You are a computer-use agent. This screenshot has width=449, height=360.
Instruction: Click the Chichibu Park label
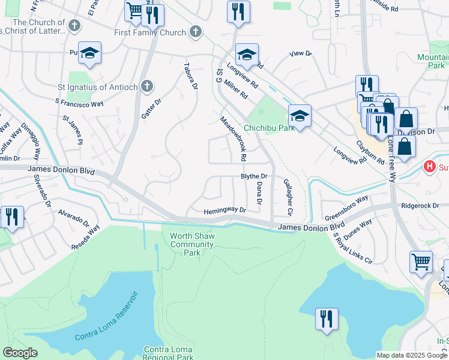(x=270, y=128)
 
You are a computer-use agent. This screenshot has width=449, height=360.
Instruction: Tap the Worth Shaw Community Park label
(x=191, y=244)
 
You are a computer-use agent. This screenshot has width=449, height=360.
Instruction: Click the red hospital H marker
(x=430, y=166)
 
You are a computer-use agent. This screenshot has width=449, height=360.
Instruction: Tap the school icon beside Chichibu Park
(x=300, y=115)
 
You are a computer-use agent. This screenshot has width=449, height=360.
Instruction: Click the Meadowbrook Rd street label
(x=234, y=139)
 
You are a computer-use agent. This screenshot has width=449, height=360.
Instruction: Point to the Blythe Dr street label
(x=253, y=176)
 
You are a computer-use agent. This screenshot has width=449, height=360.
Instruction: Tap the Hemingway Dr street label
(x=225, y=211)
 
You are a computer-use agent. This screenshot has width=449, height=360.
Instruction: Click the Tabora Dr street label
(x=190, y=76)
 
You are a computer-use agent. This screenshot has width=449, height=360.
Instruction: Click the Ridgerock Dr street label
(x=420, y=205)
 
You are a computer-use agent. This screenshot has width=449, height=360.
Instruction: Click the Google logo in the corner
(x=20, y=353)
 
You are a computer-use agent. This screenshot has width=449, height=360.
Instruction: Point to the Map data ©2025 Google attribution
(x=412, y=355)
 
